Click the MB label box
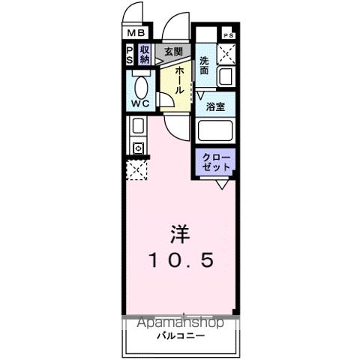[x=136, y=32]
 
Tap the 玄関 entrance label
[x=173, y=52]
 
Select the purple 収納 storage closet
[x=145, y=55]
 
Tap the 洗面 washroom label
[x=205, y=66]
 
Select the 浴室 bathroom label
[x=216, y=107]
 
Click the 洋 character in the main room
[x=179, y=234]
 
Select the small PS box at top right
[x=228, y=35]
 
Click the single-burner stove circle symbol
[x=138, y=148]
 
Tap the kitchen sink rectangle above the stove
[x=137, y=126]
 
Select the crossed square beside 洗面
[x=228, y=54]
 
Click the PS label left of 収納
[x=129, y=55]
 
